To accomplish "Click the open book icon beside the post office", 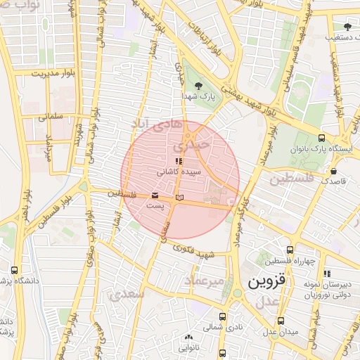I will click(x=179, y=198).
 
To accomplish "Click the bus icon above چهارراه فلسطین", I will click(x=290, y=250).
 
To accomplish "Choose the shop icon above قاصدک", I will click(x=333, y=171).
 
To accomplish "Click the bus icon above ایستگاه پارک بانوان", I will click(x=321, y=139).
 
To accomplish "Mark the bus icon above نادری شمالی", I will click(x=223, y=317).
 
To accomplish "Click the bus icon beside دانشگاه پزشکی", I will click(x=14, y=270).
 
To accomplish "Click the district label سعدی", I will click(x=127, y=294).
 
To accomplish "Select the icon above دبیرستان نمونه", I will click(x=327, y=274).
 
